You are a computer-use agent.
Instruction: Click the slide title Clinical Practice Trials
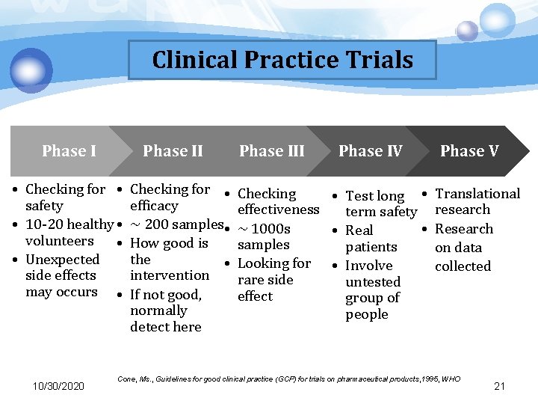pyautogui.click(x=282, y=60)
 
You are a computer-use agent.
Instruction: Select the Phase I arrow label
pyautogui.click(x=69, y=151)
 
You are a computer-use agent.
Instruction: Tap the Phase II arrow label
pyautogui.click(x=173, y=151)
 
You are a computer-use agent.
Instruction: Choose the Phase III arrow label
pyautogui.click(x=271, y=151)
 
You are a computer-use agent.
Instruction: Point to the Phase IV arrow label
pyautogui.click(x=370, y=151)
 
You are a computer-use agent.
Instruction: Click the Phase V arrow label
pyautogui.click(x=469, y=151)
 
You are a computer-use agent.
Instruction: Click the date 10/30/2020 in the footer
pyautogui.click(x=58, y=386)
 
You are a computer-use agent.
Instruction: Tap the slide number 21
pyautogui.click(x=500, y=386)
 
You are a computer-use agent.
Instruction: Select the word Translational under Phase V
pyautogui.click(x=477, y=194)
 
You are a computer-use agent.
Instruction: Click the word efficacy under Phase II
pyautogui.click(x=154, y=206)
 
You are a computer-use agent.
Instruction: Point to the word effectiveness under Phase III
pyautogui.click(x=278, y=210)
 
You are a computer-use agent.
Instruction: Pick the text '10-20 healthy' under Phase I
pyautogui.click(x=69, y=224)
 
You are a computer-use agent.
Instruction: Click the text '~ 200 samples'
pyautogui.click(x=176, y=224)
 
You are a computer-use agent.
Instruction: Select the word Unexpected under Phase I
pyautogui.click(x=62, y=260)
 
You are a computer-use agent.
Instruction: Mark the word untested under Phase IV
pyautogui.click(x=373, y=282)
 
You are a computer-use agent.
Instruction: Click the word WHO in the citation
pyautogui.click(x=451, y=380)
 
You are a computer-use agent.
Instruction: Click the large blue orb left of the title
pyautogui.click(x=31, y=70)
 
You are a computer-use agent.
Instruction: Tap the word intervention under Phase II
pyautogui.click(x=170, y=275)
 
